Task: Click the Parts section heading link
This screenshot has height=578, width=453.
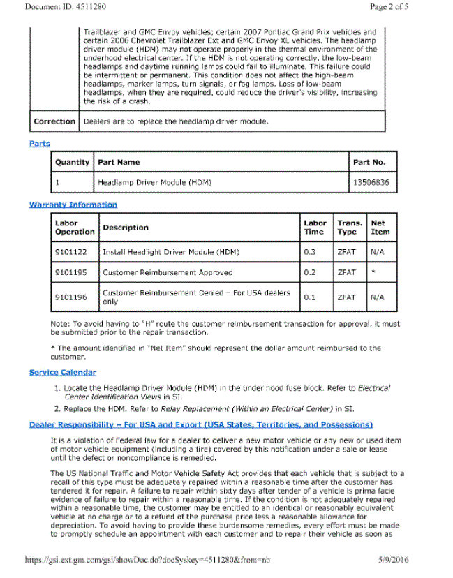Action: click(40, 144)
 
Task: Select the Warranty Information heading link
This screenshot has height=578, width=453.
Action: click(73, 205)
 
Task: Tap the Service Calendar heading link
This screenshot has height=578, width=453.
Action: click(63, 372)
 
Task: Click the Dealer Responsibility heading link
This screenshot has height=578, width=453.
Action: click(201, 424)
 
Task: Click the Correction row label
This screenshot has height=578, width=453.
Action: click(54, 121)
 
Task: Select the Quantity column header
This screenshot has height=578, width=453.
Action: click(73, 162)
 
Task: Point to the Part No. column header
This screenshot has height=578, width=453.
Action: click(369, 162)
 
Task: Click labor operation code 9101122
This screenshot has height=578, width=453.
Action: click(70, 251)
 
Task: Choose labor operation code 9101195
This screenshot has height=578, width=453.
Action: click(70, 272)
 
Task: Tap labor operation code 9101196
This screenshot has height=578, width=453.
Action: click(70, 297)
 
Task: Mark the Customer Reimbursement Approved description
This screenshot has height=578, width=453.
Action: click(168, 272)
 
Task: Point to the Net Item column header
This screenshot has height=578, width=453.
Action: click(380, 228)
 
